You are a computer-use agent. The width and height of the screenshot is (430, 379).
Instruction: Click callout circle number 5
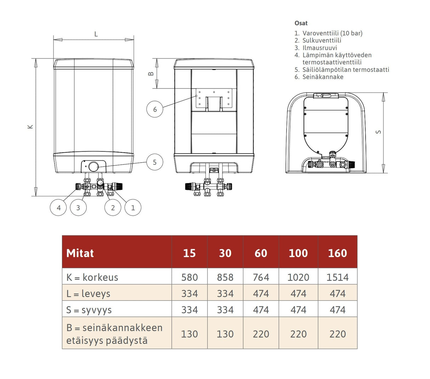[154, 162]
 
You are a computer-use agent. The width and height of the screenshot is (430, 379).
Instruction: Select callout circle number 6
[155, 109]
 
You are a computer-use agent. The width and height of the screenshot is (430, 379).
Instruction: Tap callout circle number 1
[133, 208]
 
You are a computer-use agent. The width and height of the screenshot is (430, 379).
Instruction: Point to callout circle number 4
[58, 208]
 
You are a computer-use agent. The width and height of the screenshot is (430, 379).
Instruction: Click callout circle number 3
[78, 208]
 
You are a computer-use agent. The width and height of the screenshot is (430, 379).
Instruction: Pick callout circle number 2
[113, 208]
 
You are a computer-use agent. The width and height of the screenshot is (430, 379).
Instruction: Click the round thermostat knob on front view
[94, 166]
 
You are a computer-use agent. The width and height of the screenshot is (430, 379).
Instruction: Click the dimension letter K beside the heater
[30, 126]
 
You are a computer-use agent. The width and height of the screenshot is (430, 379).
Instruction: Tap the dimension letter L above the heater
[96, 34]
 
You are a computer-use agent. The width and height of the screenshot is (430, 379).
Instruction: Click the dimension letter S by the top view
[379, 132]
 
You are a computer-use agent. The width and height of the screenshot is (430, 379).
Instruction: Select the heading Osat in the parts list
[301, 23]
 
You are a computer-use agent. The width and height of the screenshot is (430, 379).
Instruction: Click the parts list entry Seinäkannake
[323, 77]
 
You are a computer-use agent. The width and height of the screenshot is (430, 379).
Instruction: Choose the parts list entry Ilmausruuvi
[319, 48]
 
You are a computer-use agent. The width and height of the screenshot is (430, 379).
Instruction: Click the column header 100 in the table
[298, 253]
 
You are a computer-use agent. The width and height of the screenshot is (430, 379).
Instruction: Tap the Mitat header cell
[80, 253]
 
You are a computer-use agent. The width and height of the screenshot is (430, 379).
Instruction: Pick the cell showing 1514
[337, 277]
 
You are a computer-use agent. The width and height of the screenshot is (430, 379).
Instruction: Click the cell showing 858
[225, 277]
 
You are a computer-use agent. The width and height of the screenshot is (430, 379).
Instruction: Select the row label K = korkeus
[92, 277]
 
